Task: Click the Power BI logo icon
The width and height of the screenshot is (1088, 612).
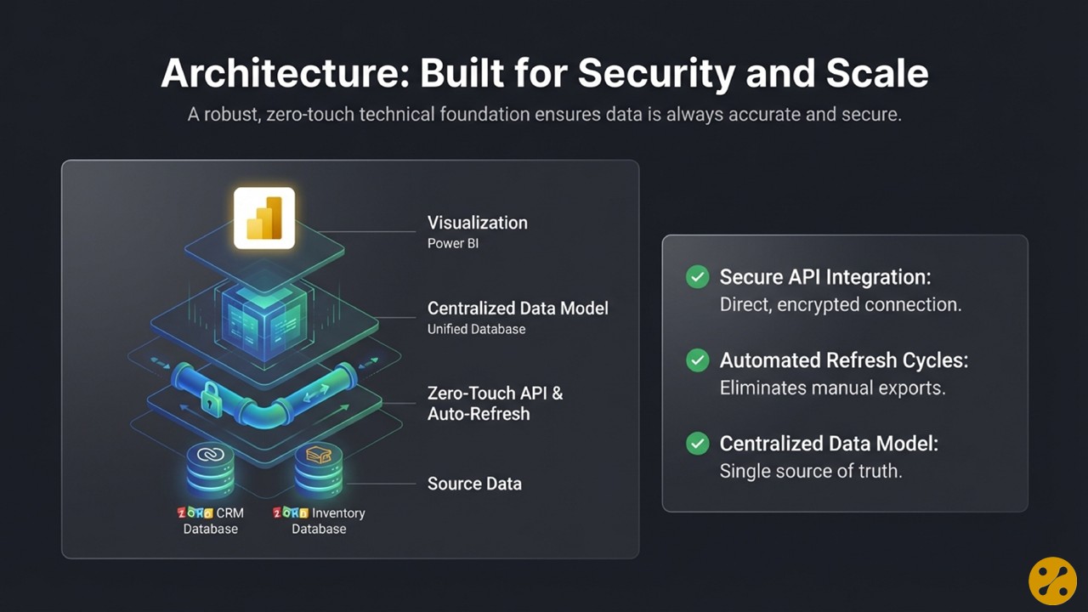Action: tap(263, 218)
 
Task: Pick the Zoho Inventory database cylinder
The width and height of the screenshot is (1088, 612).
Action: tap(318, 467)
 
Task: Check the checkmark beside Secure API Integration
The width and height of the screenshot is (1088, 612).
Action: tap(698, 277)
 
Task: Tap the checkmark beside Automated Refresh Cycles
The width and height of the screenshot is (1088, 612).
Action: tap(698, 360)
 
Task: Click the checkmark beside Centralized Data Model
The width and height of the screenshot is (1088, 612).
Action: tap(698, 444)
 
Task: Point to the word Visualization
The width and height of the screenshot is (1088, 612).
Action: tap(477, 223)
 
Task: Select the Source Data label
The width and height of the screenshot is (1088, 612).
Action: tap(474, 484)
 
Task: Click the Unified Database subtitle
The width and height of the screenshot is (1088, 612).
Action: tap(476, 329)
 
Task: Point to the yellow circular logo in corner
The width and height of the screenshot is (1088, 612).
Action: tap(1052, 581)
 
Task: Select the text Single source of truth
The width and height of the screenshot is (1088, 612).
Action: tap(810, 471)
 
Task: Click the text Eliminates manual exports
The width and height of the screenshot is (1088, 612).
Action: tap(832, 388)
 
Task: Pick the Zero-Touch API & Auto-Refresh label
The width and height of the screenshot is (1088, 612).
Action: tap(495, 404)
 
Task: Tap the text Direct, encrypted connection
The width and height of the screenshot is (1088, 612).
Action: tap(840, 304)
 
